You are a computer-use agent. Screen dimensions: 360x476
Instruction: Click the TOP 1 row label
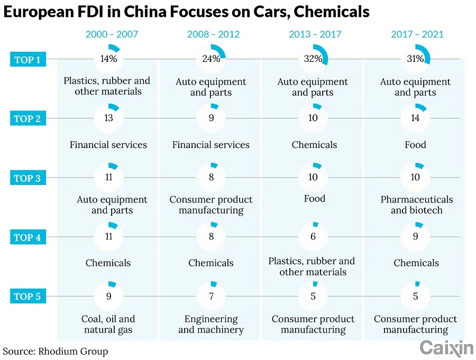click(x=27, y=59)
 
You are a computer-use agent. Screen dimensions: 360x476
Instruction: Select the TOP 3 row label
click(x=27, y=178)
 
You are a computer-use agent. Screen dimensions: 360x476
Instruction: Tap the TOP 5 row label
click(x=27, y=296)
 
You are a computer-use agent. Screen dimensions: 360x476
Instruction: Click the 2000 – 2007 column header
click(x=112, y=34)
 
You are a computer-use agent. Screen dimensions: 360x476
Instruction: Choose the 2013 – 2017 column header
click(x=315, y=34)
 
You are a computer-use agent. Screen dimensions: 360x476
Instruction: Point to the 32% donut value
click(x=313, y=59)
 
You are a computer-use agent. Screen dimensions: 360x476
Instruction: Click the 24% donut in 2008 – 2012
click(x=211, y=59)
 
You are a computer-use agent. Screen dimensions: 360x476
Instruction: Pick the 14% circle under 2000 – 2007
click(x=109, y=59)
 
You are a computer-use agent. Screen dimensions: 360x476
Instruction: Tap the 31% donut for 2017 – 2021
click(x=415, y=59)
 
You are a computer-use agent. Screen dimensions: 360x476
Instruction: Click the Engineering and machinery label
click(x=211, y=325)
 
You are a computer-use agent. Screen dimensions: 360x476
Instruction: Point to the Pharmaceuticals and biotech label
click(x=417, y=205)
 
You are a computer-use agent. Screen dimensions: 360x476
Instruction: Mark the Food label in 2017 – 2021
click(x=415, y=144)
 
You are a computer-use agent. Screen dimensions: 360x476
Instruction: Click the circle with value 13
click(x=109, y=118)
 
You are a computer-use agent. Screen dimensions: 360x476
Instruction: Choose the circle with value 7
click(x=211, y=296)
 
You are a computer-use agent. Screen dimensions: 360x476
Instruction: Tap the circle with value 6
click(x=313, y=237)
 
